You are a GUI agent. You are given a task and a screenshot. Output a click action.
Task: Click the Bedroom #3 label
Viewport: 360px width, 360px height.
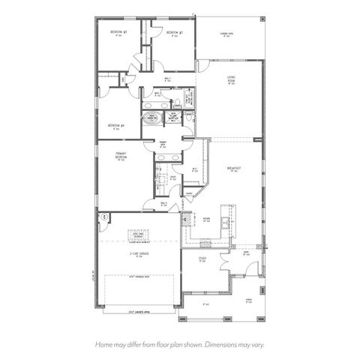pyautogui.click(x=118, y=32)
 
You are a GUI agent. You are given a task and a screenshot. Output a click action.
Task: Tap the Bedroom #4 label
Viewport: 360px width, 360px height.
pyautogui.click(x=115, y=125)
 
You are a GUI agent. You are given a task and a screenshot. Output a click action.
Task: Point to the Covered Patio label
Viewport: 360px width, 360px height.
pyautogui.click(x=225, y=34)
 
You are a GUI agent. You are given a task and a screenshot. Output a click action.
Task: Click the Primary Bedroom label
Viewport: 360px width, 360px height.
pyautogui.click(x=120, y=156)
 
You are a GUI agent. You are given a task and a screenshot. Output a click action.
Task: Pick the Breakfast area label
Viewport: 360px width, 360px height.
pyautogui.click(x=235, y=169)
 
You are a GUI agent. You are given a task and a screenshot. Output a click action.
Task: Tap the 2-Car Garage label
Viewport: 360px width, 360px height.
pyautogui.click(x=139, y=254)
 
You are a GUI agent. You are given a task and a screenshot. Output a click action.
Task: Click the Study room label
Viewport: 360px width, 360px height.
pyautogui.click(x=202, y=259)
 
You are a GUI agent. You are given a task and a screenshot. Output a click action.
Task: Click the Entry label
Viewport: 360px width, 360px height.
pyautogui.click(x=245, y=253)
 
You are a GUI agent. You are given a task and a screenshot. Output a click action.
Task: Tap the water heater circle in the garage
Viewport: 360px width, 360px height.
pyautogui.click(x=104, y=217)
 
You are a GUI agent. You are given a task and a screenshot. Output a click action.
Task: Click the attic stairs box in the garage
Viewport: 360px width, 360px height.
pyautogui.click(x=139, y=235)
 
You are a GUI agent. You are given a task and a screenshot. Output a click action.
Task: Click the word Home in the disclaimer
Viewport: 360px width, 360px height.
pyautogui.click(x=104, y=345)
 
